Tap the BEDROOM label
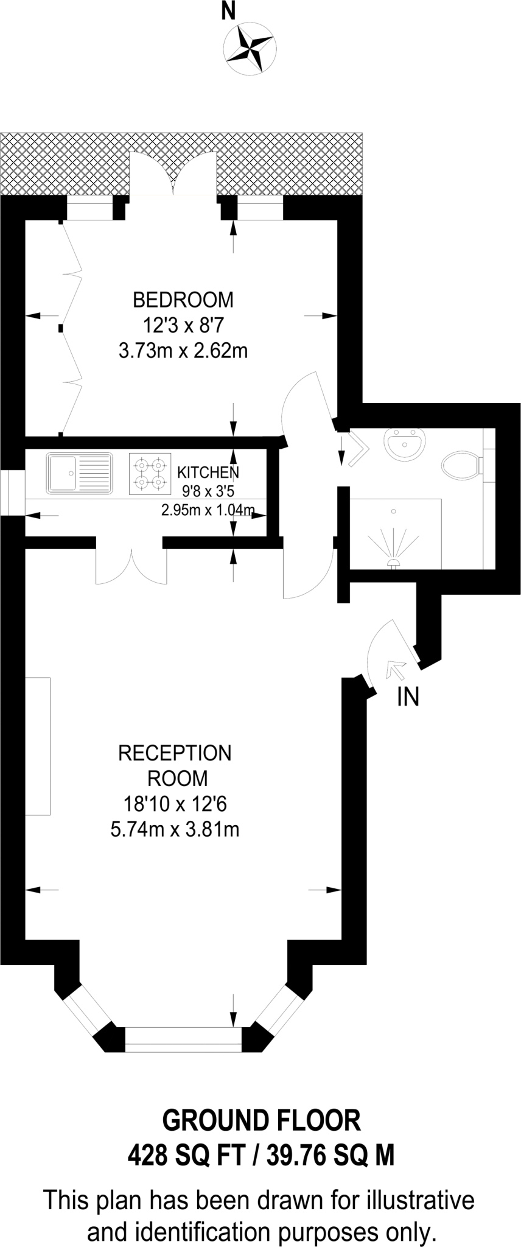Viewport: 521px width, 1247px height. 183,300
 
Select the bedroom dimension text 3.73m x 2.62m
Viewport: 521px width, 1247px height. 183,351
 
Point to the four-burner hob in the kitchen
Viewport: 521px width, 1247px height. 150,473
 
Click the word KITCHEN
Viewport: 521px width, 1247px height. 208,472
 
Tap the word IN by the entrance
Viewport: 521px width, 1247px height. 408,697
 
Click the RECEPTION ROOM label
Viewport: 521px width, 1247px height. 175,765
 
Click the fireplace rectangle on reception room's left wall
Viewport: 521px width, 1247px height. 38,745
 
